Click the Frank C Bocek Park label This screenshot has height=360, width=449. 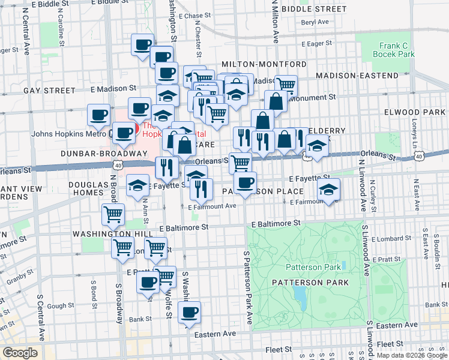tap(396, 49)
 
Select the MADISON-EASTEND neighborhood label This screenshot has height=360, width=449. tap(357, 76)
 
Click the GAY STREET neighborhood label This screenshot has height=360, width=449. tap(49, 91)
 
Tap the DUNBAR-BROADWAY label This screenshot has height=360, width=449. tap(98, 153)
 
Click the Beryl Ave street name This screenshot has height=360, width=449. tap(315, 22)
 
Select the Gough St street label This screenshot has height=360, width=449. tap(59, 306)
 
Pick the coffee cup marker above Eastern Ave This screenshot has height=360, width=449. tap(190, 312)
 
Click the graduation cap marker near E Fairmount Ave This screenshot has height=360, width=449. tap(328, 190)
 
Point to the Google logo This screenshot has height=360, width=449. tap(20, 353)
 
